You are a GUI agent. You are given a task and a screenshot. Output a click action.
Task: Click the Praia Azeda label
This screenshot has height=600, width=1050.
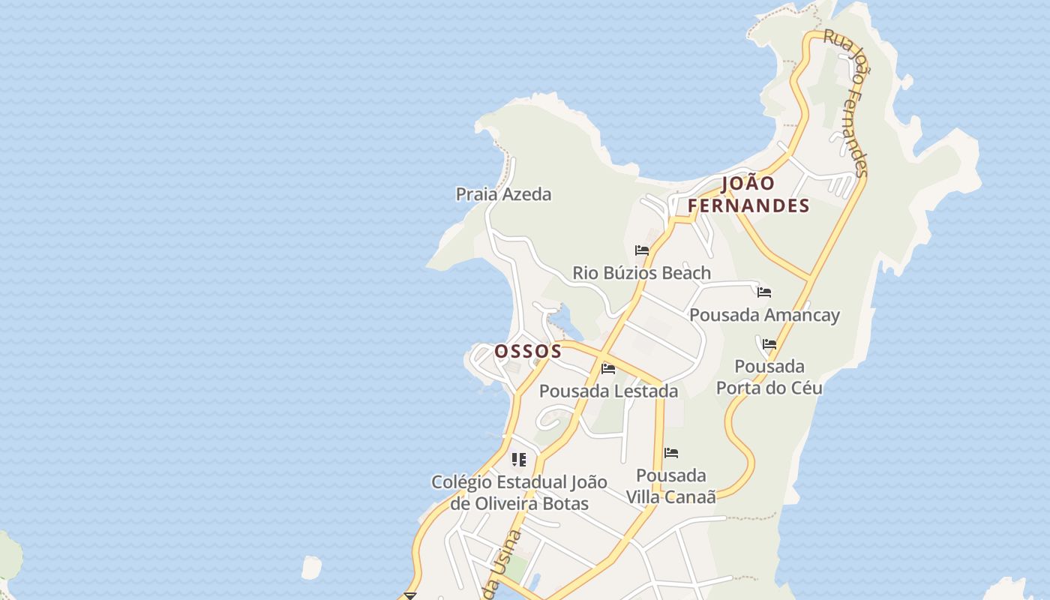(503, 194)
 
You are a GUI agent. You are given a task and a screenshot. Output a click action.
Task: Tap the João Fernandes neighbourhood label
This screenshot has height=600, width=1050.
(748, 194)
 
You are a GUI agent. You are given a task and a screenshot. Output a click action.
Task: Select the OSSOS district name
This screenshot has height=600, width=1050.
(528, 351)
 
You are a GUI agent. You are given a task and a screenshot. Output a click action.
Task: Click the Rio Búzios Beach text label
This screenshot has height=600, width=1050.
(641, 273)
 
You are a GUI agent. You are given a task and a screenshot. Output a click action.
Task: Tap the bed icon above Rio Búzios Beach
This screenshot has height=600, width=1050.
(642, 250)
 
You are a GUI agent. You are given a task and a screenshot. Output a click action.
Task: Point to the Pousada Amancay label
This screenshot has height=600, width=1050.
(764, 315)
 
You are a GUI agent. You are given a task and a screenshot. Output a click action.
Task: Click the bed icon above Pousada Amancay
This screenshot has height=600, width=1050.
(764, 292)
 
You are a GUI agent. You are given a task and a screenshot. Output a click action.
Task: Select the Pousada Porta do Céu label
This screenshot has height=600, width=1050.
(769, 377)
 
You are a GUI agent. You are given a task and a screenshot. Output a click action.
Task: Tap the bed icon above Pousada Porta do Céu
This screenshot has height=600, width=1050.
(769, 345)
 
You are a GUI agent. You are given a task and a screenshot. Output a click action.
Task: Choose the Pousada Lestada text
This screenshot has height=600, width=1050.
(608, 391)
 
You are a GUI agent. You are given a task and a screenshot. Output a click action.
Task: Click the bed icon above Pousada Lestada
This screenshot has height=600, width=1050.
(608, 369)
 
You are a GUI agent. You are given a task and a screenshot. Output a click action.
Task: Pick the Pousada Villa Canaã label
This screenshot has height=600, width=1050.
(671, 486)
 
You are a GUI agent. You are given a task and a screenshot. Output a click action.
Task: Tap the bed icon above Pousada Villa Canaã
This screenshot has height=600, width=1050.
(671, 453)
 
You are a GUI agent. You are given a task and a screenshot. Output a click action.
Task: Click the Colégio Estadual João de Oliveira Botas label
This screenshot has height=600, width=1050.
(519, 493)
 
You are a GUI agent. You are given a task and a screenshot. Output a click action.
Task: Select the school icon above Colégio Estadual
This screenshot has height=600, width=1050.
(519, 459)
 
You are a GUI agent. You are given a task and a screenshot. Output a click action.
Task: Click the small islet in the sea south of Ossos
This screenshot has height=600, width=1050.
(311, 568)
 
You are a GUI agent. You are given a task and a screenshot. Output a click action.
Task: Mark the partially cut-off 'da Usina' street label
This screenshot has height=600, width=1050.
(502, 567)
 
